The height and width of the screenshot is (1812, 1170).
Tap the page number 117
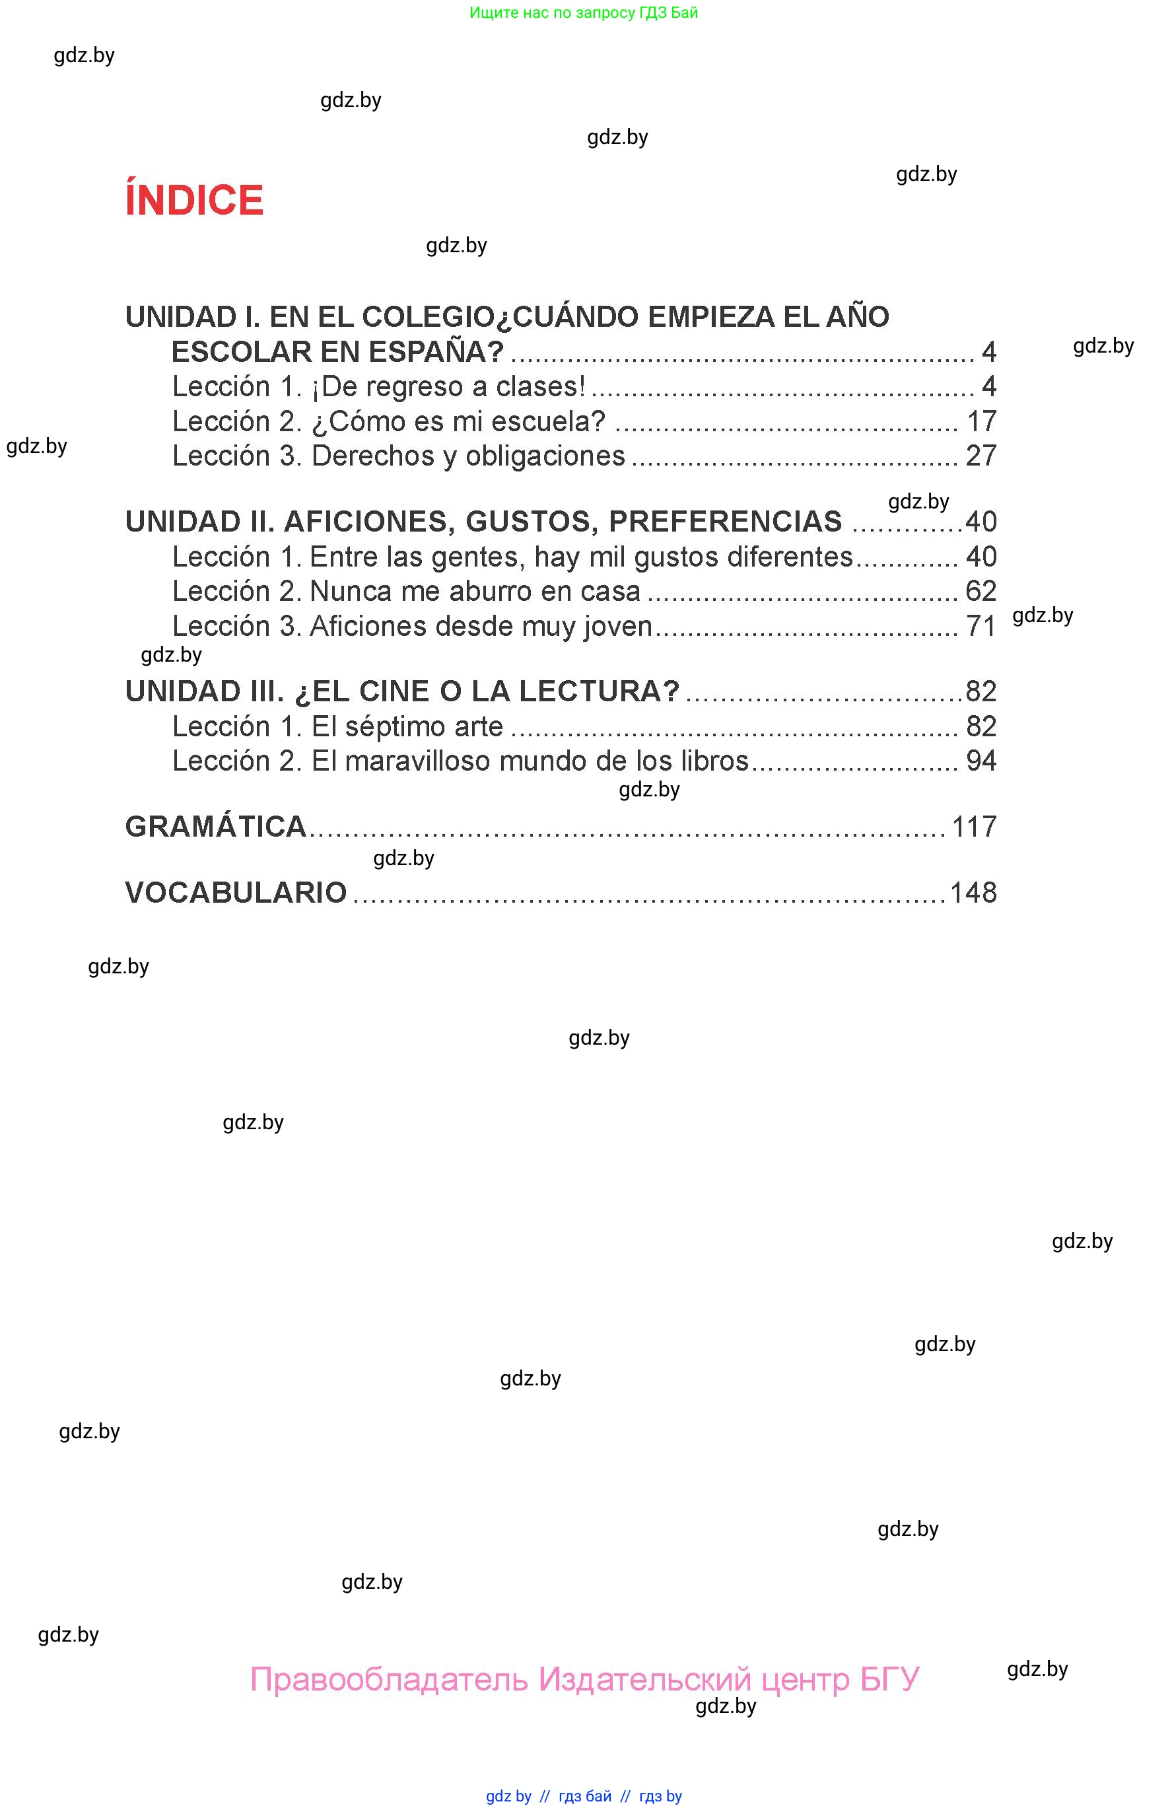point(974,826)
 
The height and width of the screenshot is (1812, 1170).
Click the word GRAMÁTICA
point(216,826)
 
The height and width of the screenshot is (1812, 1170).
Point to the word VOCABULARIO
point(236,892)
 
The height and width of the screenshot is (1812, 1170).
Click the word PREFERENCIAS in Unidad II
point(726,521)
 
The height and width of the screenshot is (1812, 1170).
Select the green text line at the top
point(584,12)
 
